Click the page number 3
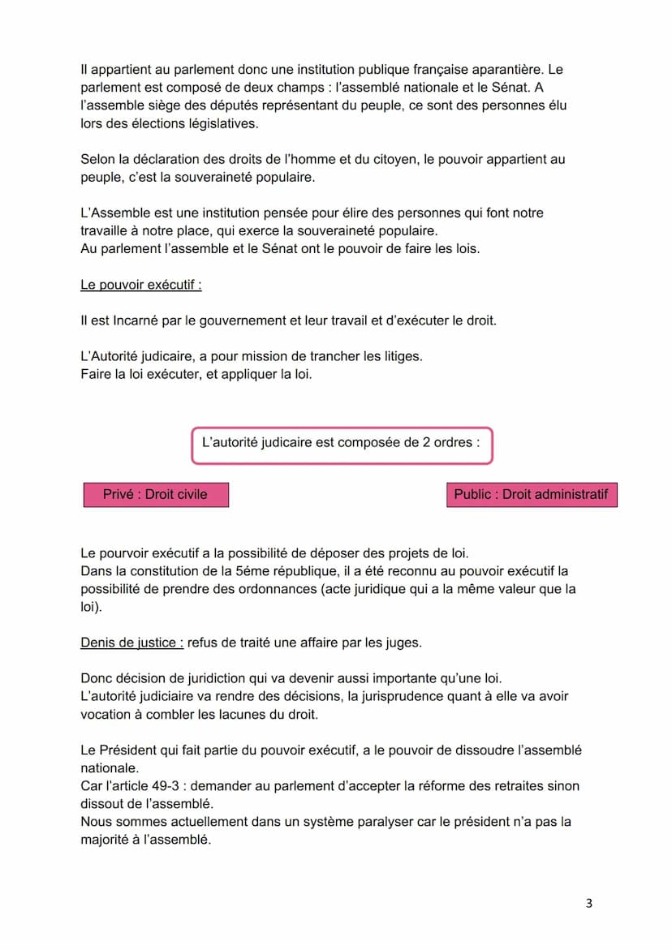point(588,903)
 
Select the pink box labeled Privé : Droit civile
point(155,494)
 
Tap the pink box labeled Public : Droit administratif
point(531,494)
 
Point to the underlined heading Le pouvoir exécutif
point(140,285)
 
